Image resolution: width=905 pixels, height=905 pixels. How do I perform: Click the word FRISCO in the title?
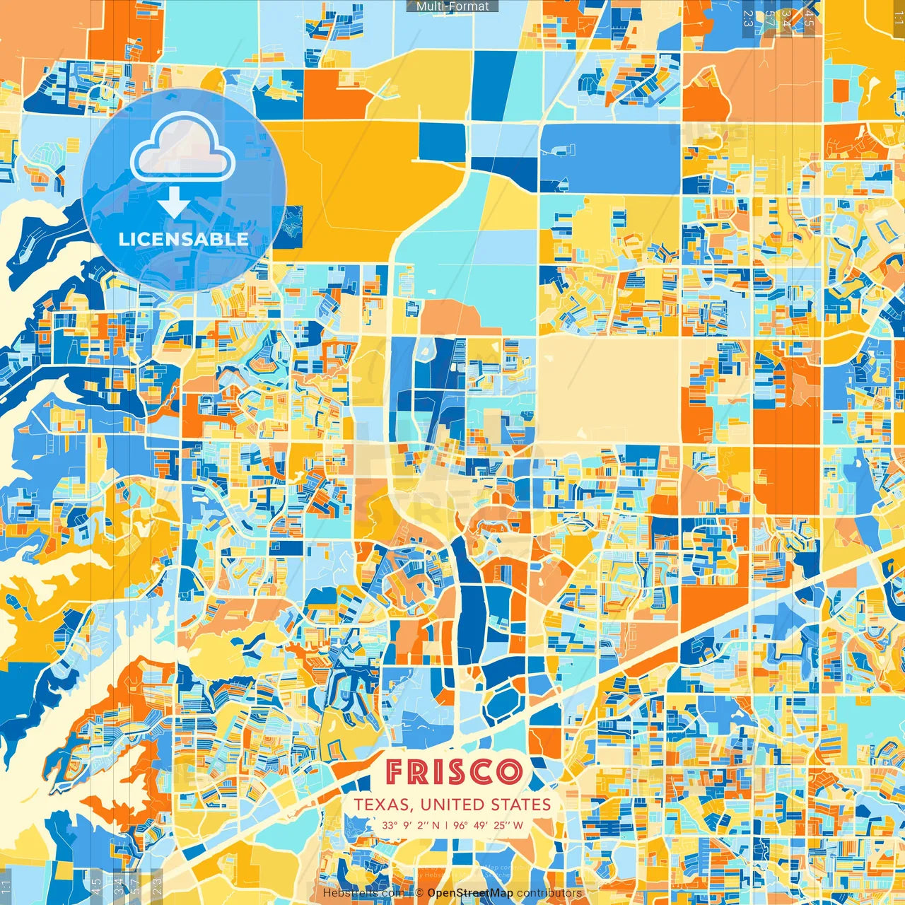[x=453, y=772]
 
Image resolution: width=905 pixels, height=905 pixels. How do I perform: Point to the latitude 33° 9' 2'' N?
[x=411, y=825]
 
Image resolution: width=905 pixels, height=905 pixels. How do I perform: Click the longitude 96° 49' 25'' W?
[x=489, y=825]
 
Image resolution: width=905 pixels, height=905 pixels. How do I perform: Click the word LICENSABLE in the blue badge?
[x=184, y=239]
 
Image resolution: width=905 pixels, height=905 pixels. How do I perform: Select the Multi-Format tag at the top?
[x=452, y=6]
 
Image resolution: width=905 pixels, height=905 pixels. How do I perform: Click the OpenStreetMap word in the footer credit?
[x=470, y=893]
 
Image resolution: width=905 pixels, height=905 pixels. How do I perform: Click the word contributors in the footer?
[x=549, y=893]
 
